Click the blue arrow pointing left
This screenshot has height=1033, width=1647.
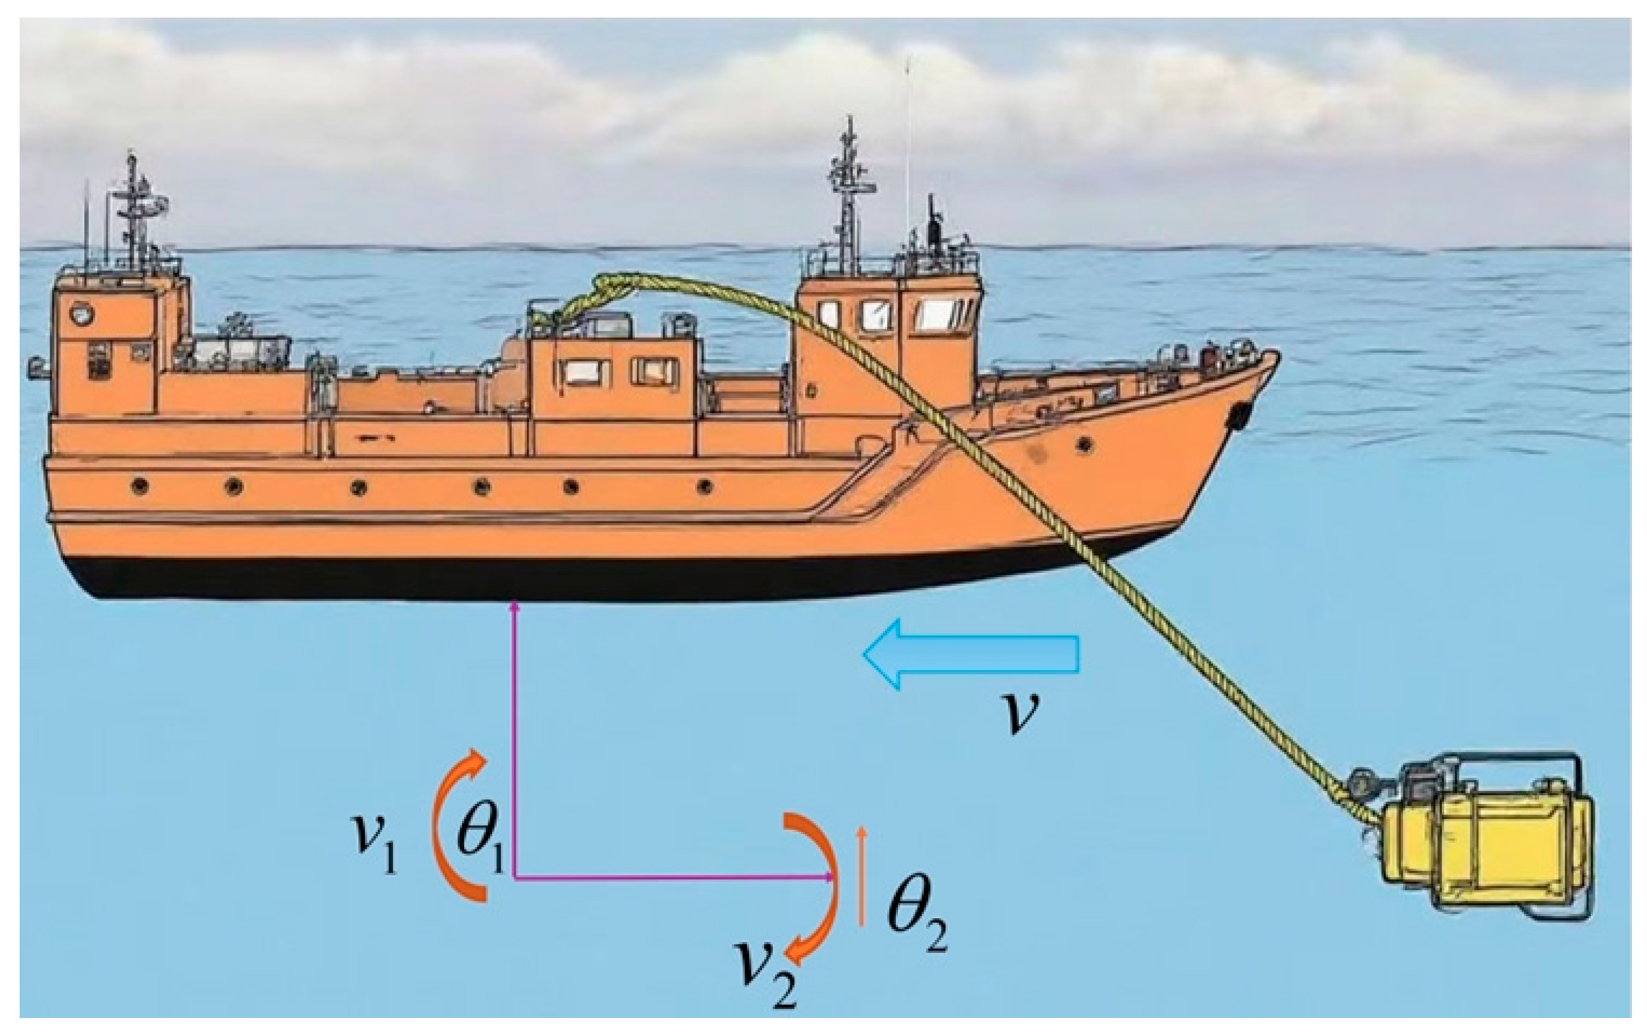coord(970,654)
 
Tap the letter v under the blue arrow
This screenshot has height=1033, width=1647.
coord(1018,710)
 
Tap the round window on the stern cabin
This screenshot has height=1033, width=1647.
coord(81,314)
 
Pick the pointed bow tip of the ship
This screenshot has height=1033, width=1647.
coord(1276,355)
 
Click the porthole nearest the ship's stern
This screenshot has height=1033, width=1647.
coord(141,487)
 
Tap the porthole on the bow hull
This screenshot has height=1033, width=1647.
coord(1084,446)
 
